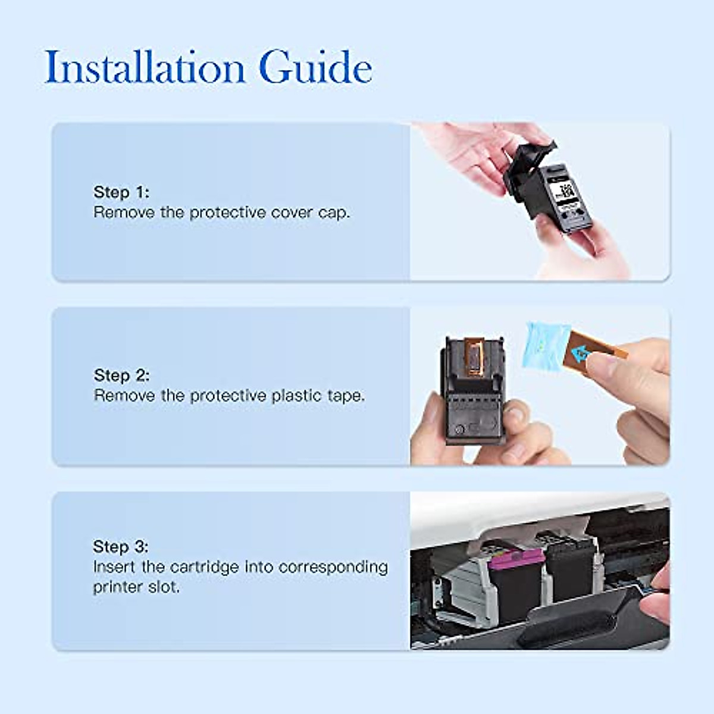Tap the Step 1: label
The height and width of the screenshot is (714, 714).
[x=121, y=192]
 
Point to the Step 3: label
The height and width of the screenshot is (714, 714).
[x=121, y=547]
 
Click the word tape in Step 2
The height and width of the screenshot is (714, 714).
[x=345, y=396]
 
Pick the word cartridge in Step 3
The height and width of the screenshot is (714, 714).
[x=205, y=567]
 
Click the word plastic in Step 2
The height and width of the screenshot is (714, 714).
[x=297, y=396]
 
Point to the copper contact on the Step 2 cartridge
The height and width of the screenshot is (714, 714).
[x=474, y=356]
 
